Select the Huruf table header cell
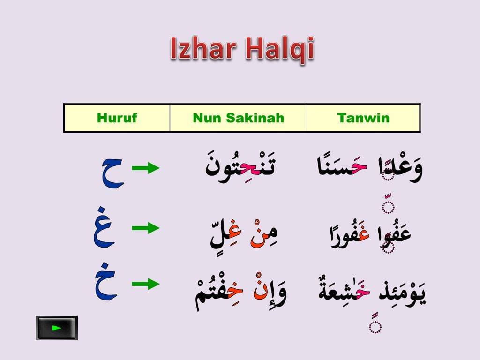117,118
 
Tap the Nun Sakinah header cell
238,118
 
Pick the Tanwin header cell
363,118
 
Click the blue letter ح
112,172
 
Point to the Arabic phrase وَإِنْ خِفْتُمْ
240,291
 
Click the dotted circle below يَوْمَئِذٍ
375,326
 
